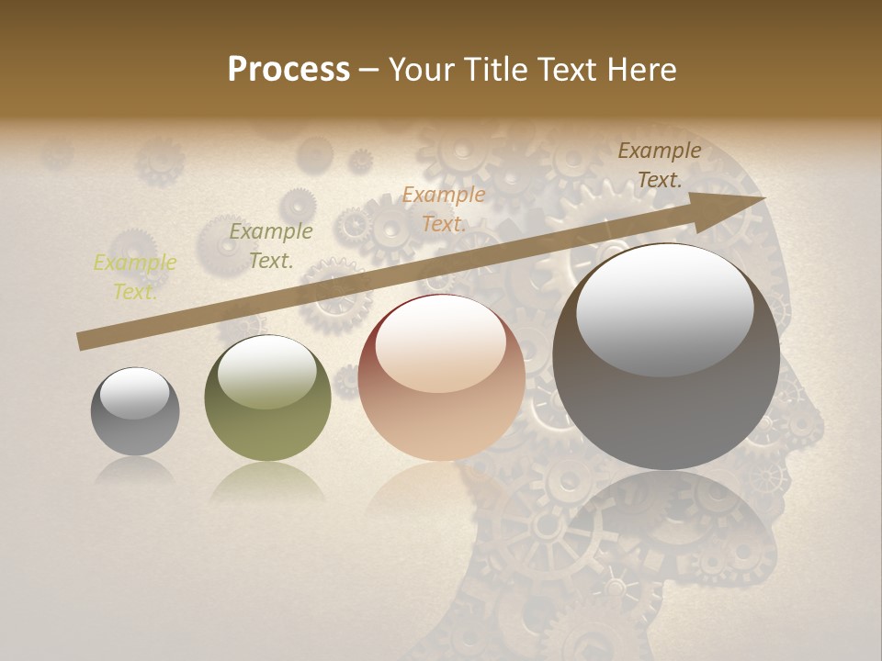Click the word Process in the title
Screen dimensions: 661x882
click(x=288, y=70)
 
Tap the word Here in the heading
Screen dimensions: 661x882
click(x=641, y=70)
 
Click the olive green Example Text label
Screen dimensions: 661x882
click(x=271, y=246)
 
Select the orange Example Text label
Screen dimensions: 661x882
click(x=444, y=208)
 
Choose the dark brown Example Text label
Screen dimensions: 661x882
click(x=660, y=165)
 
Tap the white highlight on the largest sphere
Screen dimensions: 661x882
click(x=664, y=308)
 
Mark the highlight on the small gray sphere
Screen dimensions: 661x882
click(x=135, y=393)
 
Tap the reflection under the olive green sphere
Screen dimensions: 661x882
click(x=267, y=482)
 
